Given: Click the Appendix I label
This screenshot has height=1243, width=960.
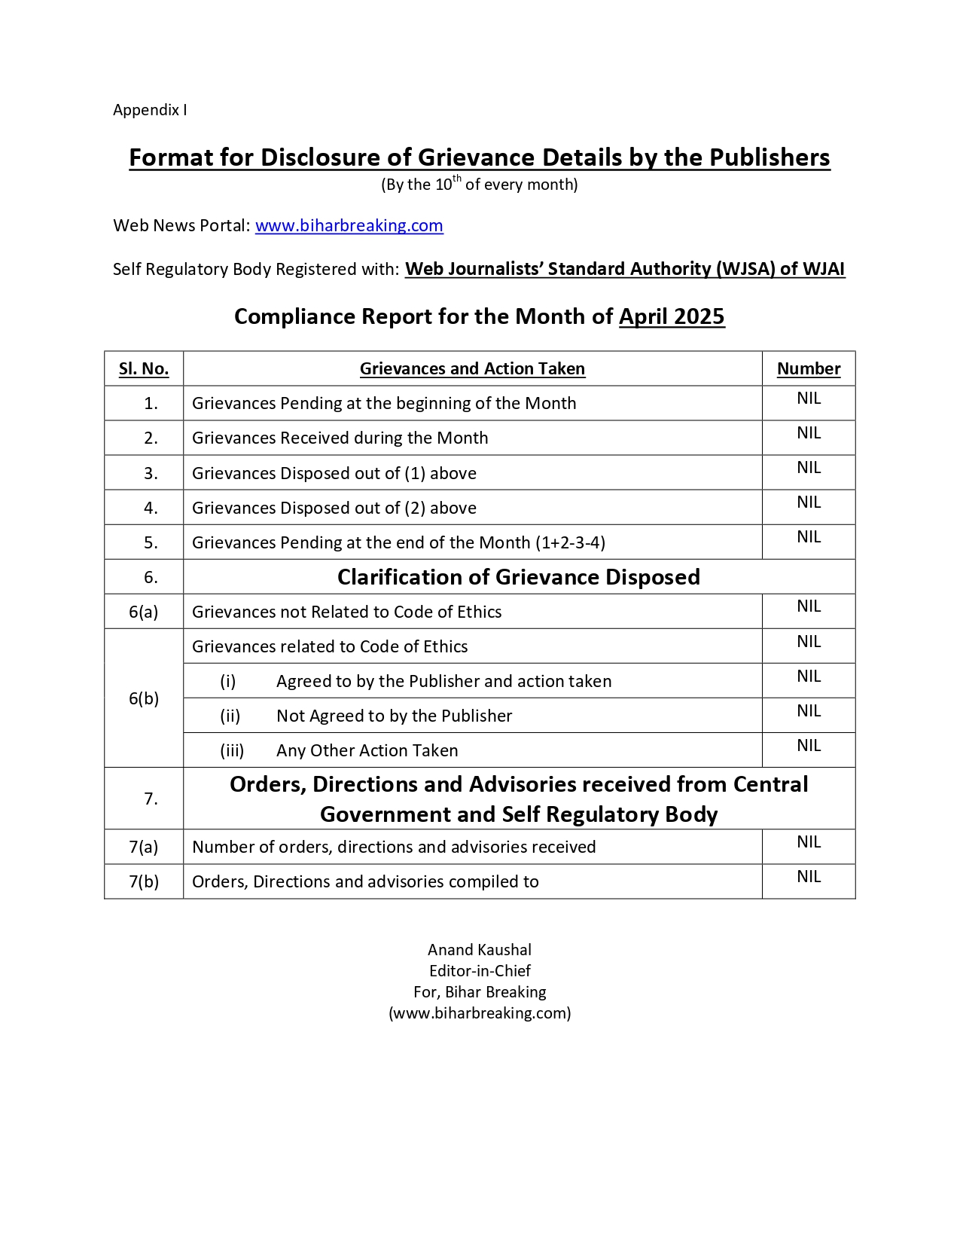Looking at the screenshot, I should (150, 110).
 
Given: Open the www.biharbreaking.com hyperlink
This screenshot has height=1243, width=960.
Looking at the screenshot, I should (349, 225).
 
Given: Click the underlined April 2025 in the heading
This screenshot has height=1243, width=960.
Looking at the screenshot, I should (672, 316).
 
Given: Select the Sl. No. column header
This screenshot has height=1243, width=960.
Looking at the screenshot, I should (144, 368).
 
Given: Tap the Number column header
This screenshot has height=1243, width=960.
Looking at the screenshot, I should (809, 368).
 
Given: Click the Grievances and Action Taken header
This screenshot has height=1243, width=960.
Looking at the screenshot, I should (472, 368).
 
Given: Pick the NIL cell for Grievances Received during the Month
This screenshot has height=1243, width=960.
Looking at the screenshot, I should (809, 433).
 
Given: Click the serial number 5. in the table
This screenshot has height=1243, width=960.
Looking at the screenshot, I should (151, 542).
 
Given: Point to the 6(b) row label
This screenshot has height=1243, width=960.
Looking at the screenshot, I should (144, 698).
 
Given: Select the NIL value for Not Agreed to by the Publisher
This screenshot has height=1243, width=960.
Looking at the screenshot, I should (809, 711).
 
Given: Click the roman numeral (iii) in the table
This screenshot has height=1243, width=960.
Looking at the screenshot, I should (232, 750).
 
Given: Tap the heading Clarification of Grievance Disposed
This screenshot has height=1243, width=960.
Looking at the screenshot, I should (518, 577).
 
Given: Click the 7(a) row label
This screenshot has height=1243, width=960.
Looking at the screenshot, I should (144, 847).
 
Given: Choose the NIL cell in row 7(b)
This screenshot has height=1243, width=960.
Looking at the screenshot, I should (809, 877).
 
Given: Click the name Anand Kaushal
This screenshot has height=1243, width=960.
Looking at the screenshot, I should (480, 950).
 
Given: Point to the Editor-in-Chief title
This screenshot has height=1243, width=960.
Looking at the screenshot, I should (480, 971).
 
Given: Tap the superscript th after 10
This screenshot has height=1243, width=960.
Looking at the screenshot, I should (457, 179).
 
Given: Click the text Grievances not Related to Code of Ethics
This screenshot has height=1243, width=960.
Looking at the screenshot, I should (346, 612).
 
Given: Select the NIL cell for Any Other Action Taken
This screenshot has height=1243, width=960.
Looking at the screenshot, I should (809, 746).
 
